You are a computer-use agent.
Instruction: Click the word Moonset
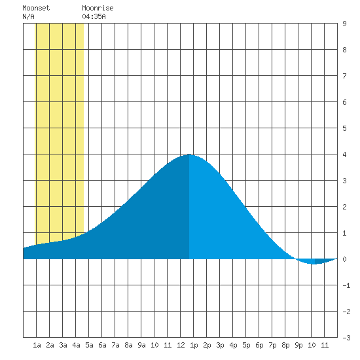tap(36, 8)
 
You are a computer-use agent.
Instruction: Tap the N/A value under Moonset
tap(28, 16)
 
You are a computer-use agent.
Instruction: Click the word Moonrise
tap(98, 8)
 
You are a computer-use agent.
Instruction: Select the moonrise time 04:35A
tap(94, 16)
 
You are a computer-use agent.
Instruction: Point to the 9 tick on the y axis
tap(344, 24)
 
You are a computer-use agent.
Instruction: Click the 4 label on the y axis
tap(344, 154)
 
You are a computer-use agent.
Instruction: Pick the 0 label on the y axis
tap(344, 259)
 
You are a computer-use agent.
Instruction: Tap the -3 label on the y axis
tap(346, 338)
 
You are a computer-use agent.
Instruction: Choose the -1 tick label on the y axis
tap(346, 285)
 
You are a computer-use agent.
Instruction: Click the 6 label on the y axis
tap(344, 102)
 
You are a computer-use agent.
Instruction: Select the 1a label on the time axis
tap(37, 345)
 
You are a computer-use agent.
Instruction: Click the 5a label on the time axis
tap(89, 345)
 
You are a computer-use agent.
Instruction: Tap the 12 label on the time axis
tap(181, 345)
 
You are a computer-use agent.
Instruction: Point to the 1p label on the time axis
tap(194, 346)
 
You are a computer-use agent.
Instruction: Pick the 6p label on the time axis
tap(259, 346)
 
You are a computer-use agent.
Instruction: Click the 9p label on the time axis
tap(298, 346)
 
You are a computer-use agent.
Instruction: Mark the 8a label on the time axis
tap(128, 345)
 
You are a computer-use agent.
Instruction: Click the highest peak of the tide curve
tap(189, 154)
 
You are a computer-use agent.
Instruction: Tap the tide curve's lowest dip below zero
tap(314, 264)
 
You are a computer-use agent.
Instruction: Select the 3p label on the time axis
tap(220, 346)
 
